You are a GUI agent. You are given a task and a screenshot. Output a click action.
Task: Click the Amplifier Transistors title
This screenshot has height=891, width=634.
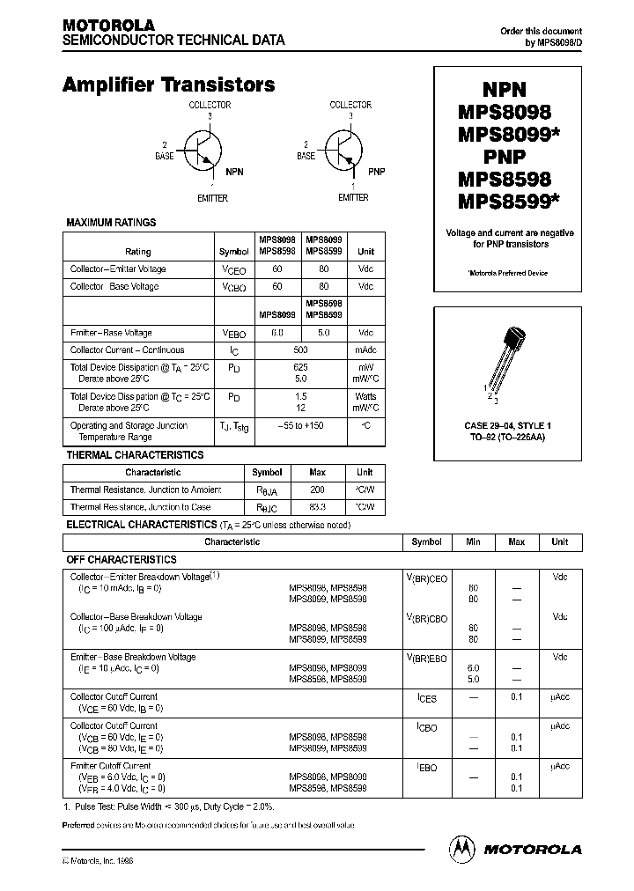click(x=168, y=85)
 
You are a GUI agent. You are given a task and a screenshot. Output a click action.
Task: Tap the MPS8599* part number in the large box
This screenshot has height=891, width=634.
click(x=508, y=202)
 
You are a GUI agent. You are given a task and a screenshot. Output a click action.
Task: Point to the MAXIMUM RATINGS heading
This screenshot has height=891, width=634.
click(x=112, y=223)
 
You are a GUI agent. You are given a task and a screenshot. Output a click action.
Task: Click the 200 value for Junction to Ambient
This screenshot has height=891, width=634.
click(x=317, y=490)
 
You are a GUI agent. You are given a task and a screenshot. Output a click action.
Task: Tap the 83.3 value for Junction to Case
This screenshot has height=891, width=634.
click(x=317, y=507)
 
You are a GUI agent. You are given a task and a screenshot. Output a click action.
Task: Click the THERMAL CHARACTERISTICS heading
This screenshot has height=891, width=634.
click(x=135, y=455)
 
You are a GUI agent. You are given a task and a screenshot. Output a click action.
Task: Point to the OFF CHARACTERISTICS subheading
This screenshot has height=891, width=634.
click(x=122, y=559)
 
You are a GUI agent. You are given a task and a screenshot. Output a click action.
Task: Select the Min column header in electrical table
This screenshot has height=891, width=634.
click(x=473, y=542)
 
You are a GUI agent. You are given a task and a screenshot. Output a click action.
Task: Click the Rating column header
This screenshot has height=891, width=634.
click(x=138, y=252)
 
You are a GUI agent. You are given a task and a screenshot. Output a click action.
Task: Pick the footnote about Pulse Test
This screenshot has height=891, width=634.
click(x=168, y=806)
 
